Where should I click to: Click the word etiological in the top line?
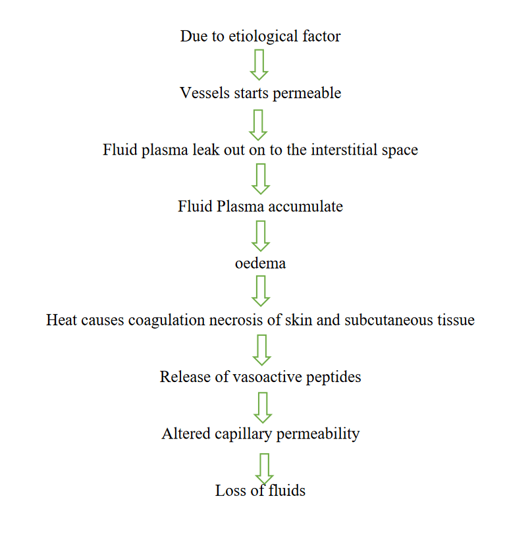tap(262, 36)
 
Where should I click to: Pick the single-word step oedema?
tap(260, 263)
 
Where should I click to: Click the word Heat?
tap(61, 320)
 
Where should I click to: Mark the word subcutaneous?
tap(383, 320)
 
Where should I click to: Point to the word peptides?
tap(331, 377)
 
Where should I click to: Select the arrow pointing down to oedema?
tap(261, 235)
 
